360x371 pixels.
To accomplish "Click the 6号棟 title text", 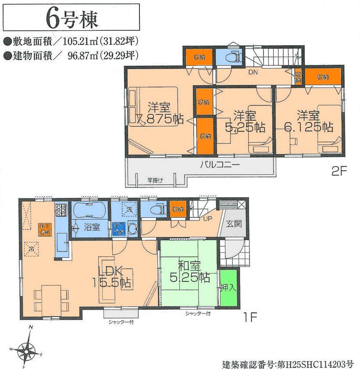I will tap(72, 18).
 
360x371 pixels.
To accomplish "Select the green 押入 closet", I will tap(228, 288).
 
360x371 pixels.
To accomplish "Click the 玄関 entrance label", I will tap(233, 223).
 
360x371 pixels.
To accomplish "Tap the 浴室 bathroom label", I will tap(91, 227).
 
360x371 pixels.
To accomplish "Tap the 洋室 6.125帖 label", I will tap(308, 121).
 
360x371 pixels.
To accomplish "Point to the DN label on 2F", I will tap(253, 72).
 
